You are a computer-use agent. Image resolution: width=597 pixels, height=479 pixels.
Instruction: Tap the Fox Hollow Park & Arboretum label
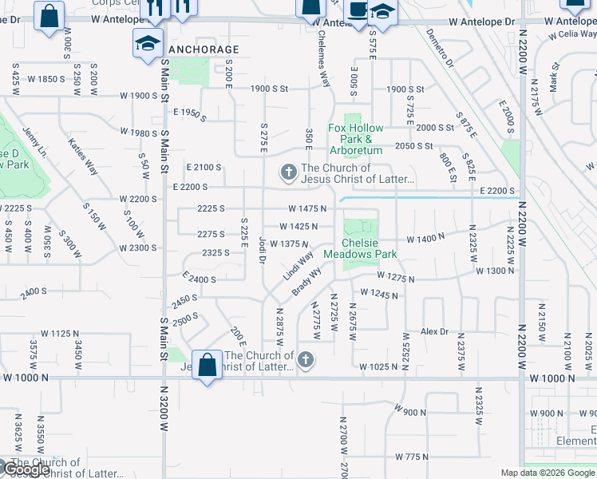(x=356, y=139)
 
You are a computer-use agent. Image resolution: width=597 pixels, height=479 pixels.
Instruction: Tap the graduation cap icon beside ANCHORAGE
(x=148, y=42)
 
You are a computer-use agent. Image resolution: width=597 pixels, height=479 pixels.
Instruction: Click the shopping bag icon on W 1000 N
(x=208, y=366)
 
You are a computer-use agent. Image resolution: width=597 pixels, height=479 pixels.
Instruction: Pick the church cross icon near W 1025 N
(x=304, y=362)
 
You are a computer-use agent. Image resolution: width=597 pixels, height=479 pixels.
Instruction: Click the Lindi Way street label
(x=298, y=266)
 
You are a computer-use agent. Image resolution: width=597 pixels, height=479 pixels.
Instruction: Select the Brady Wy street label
(x=306, y=281)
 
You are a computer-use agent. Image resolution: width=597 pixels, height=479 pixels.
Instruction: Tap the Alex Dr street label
(x=435, y=331)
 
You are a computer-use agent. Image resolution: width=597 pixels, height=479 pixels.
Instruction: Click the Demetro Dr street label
(x=441, y=48)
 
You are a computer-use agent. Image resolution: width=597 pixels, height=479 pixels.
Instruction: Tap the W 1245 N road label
(x=379, y=294)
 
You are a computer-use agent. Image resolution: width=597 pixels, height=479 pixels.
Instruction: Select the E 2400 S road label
(x=200, y=279)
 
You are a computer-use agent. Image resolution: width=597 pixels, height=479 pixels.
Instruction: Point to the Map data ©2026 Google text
(x=548, y=473)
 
